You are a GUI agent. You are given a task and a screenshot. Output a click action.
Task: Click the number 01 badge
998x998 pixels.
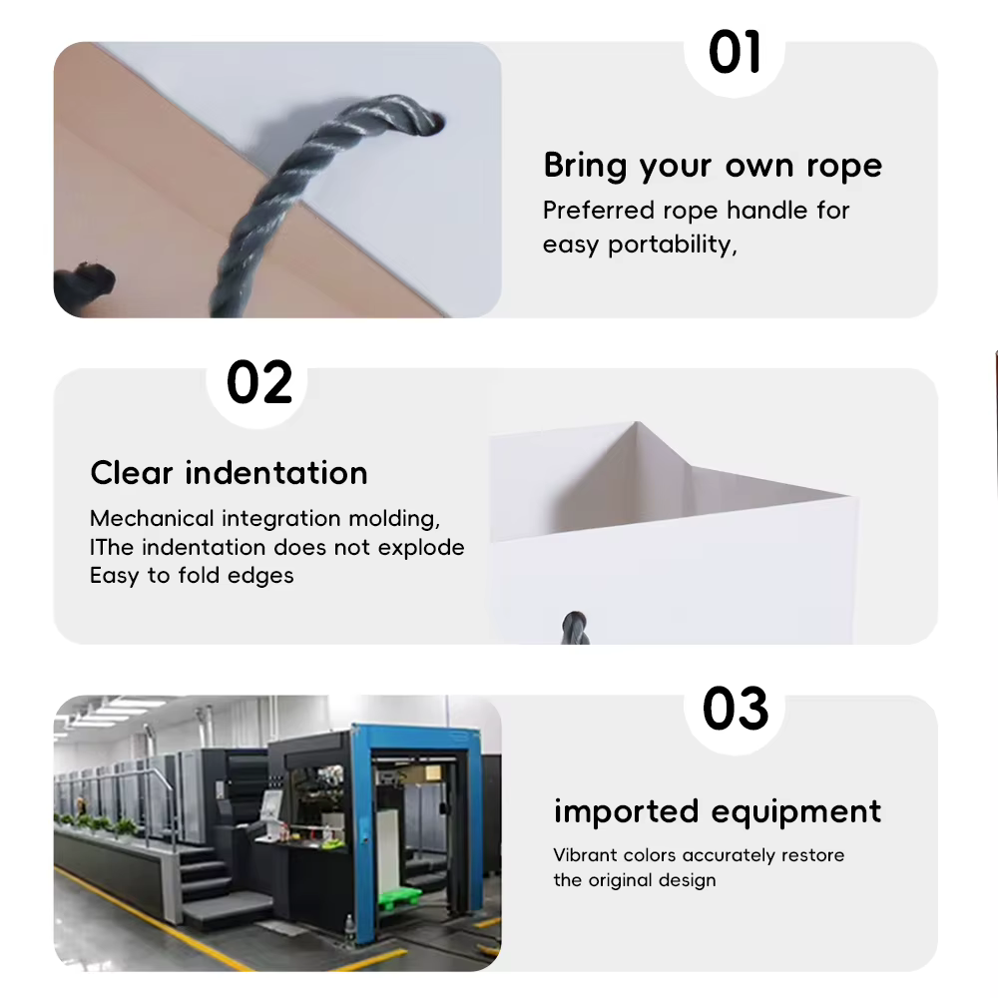click(x=734, y=52)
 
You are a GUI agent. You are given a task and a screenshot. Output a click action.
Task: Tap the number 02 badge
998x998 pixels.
click(x=259, y=382)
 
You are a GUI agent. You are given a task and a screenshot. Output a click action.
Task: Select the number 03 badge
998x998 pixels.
click(x=736, y=709)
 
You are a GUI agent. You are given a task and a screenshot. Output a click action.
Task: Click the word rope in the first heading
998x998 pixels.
click(x=844, y=166)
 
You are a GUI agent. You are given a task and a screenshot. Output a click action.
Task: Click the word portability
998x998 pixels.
click(x=672, y=245)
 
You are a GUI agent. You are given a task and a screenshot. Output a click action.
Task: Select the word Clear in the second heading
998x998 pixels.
click(x=131, y=473)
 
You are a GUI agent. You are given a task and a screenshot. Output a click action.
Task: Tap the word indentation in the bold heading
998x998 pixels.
click(x=276, y=473)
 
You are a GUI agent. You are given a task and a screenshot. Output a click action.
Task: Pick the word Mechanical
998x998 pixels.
click(x=152, y=519)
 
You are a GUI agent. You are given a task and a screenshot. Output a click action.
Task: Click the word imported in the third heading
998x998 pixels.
click(x=627, y=811)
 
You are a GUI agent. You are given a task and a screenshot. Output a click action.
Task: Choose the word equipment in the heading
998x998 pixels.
click(x=796, y=812)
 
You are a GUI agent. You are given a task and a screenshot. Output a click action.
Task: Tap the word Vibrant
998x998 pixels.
click(x=585, y=855)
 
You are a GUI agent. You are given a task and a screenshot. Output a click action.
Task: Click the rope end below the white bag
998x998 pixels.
click(x=575, y=628)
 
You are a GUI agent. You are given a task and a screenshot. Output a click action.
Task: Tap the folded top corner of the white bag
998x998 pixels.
click(x=637, y=422)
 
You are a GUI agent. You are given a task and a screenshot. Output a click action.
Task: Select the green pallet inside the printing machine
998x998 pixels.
click(x=400, y=899)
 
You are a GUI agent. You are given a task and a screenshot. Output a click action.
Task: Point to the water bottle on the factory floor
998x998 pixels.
click(x=348, y=931)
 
